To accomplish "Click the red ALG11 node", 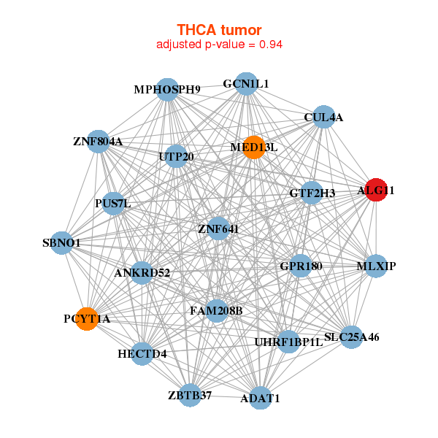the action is pos(375,190).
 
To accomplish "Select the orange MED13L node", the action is pos(253,147).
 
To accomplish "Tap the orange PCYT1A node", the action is pos(87,318).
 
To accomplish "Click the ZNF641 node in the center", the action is pos(219,228).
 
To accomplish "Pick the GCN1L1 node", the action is pos(246,84).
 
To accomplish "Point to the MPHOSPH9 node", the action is pos(167,89).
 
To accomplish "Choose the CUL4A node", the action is pos(323,117).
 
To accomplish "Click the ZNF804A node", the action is pos(99,141).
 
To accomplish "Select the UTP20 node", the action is pos(176,155).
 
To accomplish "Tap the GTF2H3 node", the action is pos(312,193).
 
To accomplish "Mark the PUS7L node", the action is pos(113,203).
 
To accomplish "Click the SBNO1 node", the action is pos(62,242).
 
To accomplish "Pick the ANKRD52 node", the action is pos(142,273).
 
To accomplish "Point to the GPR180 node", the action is pos(301,266).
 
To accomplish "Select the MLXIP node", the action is pos(375,266).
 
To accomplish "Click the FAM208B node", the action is pos(216,311).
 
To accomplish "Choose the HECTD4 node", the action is pos(142,354).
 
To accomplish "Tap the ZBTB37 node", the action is pos(190,395).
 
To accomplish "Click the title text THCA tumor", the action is pos(219,30).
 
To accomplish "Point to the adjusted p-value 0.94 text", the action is pos(219,45).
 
